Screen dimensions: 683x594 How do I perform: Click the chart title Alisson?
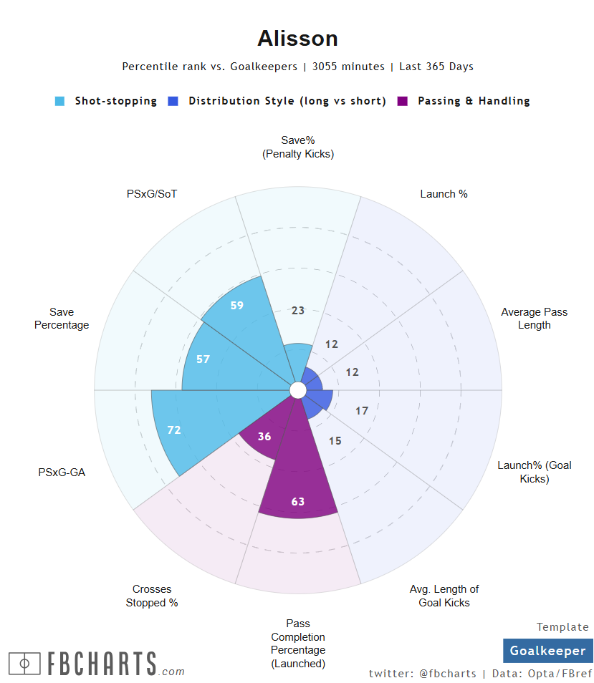click(x=297, y=38)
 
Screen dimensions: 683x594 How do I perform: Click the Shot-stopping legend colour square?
click(x=60, y=102)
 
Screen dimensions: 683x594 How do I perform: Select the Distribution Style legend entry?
click(x=287, y=101)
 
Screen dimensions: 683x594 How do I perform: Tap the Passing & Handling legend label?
click(x=474, y=101)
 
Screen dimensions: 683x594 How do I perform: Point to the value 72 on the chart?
click(x=174, y=430)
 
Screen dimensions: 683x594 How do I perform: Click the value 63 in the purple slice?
click(x=298, y=501)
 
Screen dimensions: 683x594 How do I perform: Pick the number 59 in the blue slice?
click(x=237, y=306)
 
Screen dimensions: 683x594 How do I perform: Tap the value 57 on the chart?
click(x=203, y=359)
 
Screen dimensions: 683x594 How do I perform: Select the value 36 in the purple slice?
click(x=264, y=436)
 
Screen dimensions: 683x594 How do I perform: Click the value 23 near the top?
click(x=298, y=311)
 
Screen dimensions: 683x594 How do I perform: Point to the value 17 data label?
click(x=362, y=411)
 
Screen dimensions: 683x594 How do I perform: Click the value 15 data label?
click(x=335, y=441)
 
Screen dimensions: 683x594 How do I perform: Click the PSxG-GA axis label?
click(x=62, y=473)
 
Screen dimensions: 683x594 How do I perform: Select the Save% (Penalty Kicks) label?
click(x=298, y=147)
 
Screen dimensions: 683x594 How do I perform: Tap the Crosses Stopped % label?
click(x=152, y=596)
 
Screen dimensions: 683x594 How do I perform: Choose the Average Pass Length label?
click(x=534, y=319)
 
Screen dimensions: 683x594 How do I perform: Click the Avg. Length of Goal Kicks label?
click(x=444, y=596)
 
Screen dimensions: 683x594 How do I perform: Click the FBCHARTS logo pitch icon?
click(x=25, y=664)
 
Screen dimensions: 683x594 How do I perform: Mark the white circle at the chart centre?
click(x=298, y=389)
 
